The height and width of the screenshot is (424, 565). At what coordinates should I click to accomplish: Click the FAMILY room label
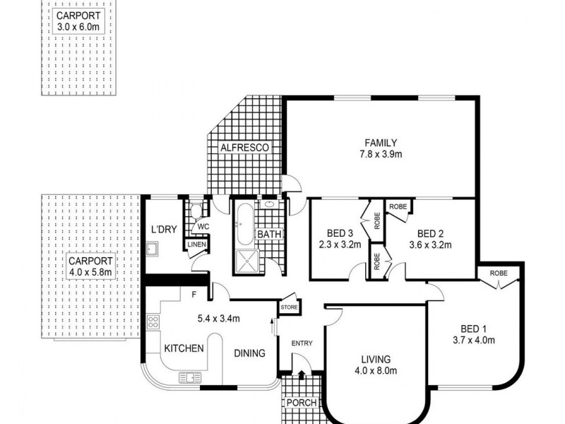381,143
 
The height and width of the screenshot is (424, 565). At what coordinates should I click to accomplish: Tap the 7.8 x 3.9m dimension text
381,154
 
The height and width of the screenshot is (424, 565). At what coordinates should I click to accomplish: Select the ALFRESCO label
244,148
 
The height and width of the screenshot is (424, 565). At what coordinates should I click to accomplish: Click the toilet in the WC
196,211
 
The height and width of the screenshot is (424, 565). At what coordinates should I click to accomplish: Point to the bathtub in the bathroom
245,224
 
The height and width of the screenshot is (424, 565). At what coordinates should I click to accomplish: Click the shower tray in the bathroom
246,261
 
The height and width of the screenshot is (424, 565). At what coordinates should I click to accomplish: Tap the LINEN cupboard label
197,245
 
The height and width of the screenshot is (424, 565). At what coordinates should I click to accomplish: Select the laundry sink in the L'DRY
153,249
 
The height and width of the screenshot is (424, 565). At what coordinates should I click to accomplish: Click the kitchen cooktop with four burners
153,322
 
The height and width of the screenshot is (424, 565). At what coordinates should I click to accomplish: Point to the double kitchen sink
190,378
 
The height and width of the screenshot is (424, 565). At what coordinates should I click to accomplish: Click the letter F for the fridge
194,295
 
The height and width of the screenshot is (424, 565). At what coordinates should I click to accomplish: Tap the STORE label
289,307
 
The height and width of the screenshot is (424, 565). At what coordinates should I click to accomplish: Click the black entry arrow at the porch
302,375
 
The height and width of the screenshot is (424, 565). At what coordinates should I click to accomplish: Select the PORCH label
302,403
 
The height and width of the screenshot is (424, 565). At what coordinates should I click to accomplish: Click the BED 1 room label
473,329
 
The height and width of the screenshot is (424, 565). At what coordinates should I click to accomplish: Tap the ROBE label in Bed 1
499,273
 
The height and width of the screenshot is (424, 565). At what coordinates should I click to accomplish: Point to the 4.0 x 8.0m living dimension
376,370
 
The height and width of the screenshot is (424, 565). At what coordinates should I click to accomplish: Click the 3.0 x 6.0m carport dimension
78,27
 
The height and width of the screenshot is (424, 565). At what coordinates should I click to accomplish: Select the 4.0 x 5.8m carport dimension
90,272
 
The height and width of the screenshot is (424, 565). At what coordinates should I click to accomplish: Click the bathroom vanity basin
268,204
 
